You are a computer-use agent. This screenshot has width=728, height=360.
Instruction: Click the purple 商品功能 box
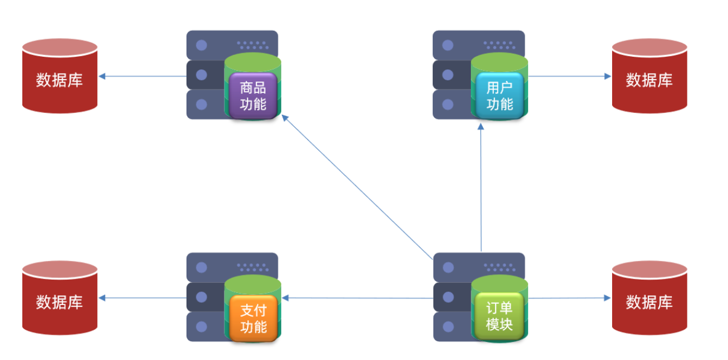253,95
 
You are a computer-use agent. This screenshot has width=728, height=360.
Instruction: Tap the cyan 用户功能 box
499,95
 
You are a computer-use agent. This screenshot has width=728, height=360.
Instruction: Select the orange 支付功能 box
253,318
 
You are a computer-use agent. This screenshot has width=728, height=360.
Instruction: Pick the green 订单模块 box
499,316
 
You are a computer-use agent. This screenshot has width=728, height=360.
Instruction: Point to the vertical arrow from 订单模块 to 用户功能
481,187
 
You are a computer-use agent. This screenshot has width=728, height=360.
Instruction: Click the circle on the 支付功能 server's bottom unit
202,327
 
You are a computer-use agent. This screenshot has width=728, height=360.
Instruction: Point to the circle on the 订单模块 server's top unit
448,268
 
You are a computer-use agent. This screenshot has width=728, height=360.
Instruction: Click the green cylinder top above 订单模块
499,283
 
